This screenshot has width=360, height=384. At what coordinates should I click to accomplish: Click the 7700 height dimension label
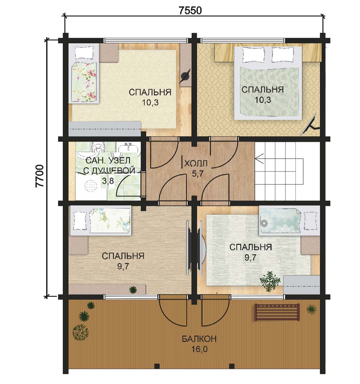click(x=40, y=176)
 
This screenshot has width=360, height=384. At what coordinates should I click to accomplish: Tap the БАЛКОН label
click(x=199, y=339)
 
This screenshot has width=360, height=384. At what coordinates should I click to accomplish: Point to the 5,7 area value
click(x=198, y=174)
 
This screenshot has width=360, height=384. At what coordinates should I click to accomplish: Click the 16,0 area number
click(x=199, y=349)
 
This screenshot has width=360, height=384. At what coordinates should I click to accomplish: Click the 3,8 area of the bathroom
click(x=108, y=181)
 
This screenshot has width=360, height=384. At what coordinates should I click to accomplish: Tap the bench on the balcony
click(x=277, y=312)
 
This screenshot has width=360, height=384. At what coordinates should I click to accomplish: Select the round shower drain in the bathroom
click(x=90, y=186)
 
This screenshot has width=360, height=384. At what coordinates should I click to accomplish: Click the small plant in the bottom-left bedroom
click(x=133, y=290)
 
